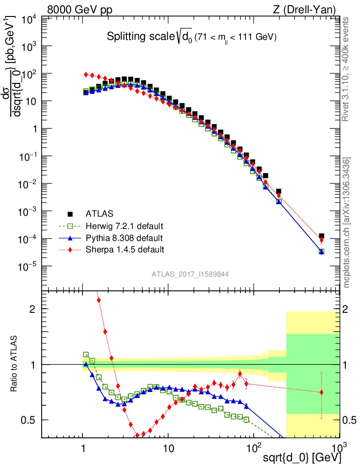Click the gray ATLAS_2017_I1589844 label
191,274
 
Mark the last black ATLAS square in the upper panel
322,236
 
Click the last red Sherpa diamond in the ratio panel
322,392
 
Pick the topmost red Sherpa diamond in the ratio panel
98,300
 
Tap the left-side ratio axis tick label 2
33,309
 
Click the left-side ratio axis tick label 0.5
30,420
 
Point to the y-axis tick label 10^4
25,19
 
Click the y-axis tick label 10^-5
25,267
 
